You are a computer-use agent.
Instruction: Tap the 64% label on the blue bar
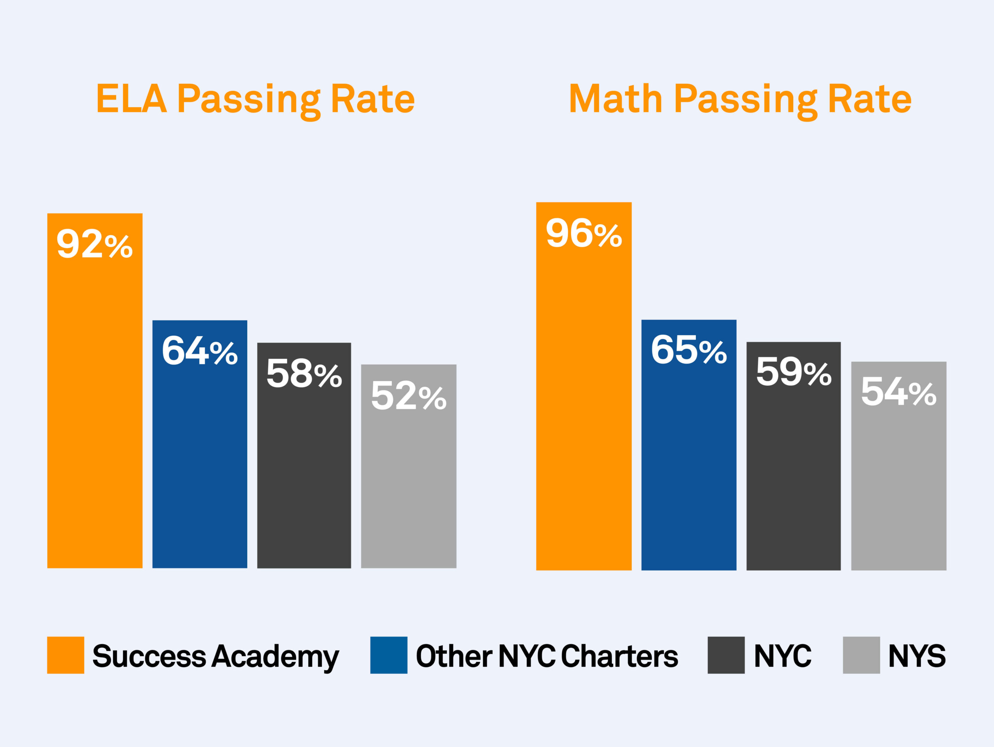(x=200, y=351)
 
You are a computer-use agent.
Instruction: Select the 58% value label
(x=304, y=373)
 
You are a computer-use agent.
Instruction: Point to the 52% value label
(x=408, y=396)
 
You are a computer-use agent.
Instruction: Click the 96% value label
(x=584, y=233)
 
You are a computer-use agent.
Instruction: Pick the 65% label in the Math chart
(x=689, y=350)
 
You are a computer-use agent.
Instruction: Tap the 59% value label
(x=794, y=372)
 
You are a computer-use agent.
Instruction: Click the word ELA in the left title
(x=131, y=99)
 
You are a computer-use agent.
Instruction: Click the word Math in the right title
(x=616, y=99)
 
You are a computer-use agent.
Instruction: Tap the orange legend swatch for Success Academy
(x=66, y=655)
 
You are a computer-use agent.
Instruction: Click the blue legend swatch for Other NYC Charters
(x=389, y=655)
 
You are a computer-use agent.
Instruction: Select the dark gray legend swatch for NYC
(x=726, y=655)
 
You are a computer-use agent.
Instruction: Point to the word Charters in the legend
(x=619, y=656)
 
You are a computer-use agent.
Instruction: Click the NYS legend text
(x=917, y=656)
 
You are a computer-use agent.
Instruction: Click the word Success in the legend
(x=149, y=656)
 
